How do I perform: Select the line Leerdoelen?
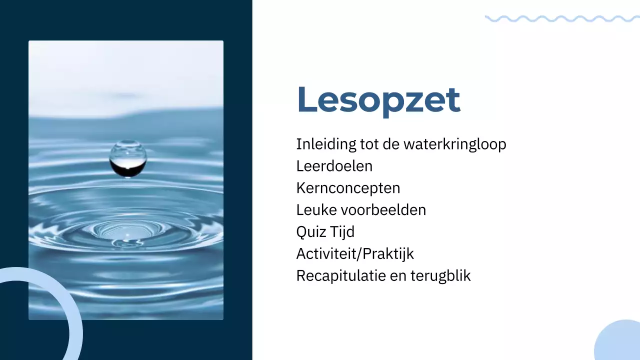(x=334, y=166)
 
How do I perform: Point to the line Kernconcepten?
(x=348, y=188)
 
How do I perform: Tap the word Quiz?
(x=310, y=232)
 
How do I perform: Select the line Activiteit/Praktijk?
(x=355, y=254)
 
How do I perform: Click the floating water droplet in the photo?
(x=128, y=158)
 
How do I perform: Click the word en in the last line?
(x=398, y=276)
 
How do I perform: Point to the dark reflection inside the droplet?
(x=128, y=168)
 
